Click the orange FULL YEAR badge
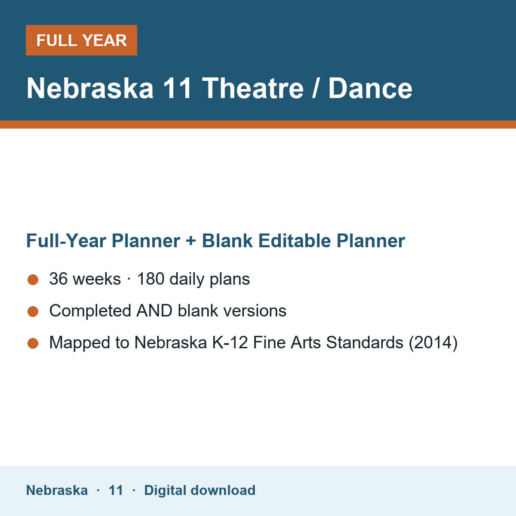(x=81, y=40)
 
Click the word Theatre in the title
(x=252, y=88)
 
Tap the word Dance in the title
(x=370, y=88)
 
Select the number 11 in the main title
(x=177, y=88)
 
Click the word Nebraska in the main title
(x=90, y=88)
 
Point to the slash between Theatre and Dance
(x=316, y=88)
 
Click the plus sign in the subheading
(x=191, y=241)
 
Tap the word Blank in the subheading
(x=227, y=241)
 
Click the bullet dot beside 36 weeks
(x=33, y=280)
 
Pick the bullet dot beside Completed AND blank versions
(x=33, y=311)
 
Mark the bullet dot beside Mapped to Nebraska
(x=33, y=343)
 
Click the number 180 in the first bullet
(x=150, y=279)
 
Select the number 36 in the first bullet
(x=58, y=279)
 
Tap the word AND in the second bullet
(x=154, y=310)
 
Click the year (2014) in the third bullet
(x=433, y=343)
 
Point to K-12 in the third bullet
(x=230, y=342)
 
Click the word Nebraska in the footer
(x=57, y=490)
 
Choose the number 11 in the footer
(x=116, y=490)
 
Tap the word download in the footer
(x=223, y=490)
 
